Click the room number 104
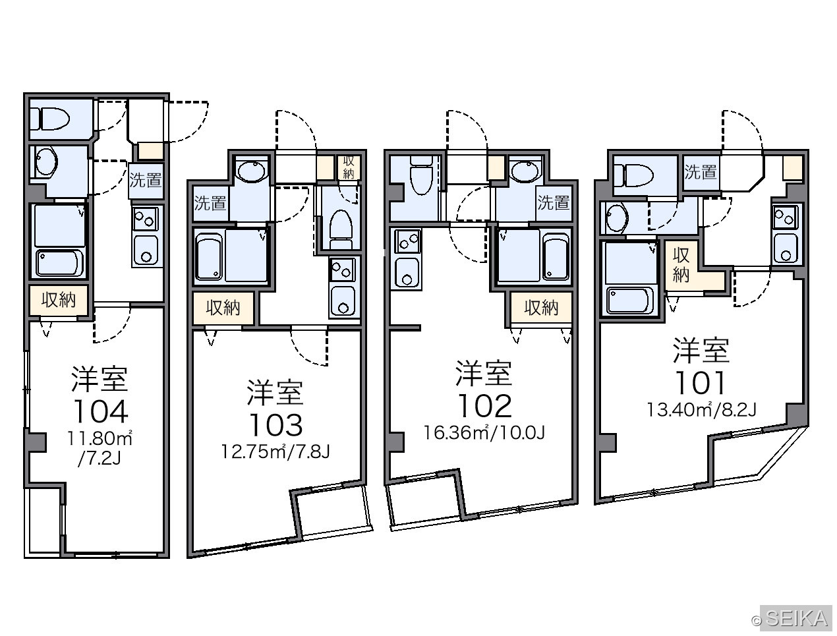101,411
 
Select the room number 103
276,425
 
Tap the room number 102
484,407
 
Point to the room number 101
701,383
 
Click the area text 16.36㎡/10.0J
484,433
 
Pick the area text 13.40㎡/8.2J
701,410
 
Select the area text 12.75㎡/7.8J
275,452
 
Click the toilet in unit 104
50,119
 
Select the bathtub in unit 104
59,263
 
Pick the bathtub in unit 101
629,300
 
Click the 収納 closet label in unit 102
541,307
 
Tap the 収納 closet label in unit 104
59,300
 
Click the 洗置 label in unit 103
210,202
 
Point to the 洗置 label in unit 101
700,172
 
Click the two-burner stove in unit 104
146,219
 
